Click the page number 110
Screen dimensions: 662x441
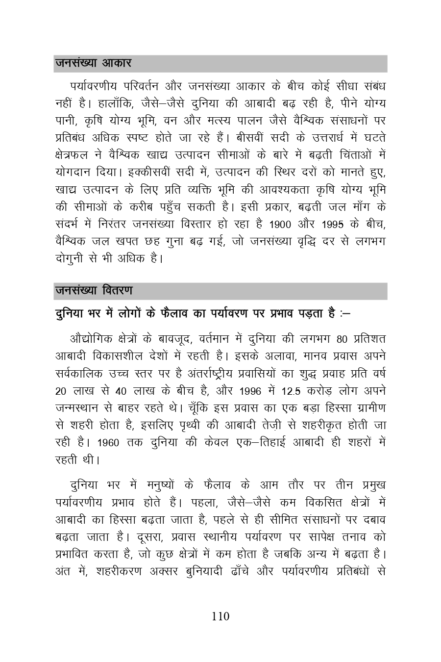[x=220, y=616]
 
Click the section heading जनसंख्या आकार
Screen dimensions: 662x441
[x=93, y=63]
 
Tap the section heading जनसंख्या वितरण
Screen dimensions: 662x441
[x=94, y=291]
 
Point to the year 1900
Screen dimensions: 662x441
[x=280, y=225]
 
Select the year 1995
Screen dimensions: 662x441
[x=335, y=225]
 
